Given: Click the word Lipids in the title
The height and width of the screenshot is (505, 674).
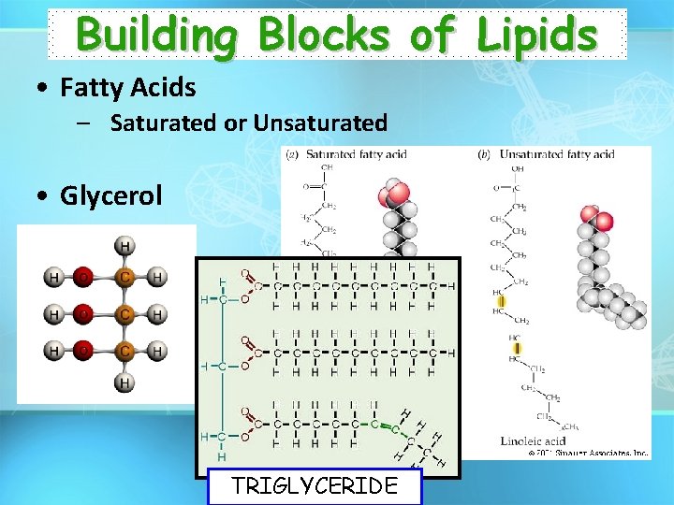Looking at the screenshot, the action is [535, 36].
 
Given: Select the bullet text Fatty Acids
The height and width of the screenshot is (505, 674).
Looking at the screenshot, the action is [127, 88].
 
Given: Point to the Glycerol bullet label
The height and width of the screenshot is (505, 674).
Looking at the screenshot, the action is [110, 195].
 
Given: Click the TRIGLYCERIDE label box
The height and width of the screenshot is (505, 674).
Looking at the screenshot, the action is [315, 485].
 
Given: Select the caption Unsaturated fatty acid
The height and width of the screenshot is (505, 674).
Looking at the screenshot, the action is [556, 154].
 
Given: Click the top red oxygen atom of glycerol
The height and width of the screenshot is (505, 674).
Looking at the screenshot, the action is [84, 278].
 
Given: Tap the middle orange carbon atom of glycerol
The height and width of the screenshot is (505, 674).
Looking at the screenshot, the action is [124, 314].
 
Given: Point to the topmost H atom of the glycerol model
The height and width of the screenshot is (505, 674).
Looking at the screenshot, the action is [124, 246].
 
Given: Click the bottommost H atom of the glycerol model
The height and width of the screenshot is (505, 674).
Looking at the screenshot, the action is [124, 382].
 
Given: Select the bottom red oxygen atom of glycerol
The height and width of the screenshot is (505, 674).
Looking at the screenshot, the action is [84, 352].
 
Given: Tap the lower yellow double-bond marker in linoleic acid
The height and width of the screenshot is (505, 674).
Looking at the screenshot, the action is [517, 348].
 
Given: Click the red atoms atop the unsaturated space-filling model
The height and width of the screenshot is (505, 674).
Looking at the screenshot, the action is [595, 221].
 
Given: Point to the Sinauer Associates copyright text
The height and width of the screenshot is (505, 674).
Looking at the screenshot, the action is [588, 453].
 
